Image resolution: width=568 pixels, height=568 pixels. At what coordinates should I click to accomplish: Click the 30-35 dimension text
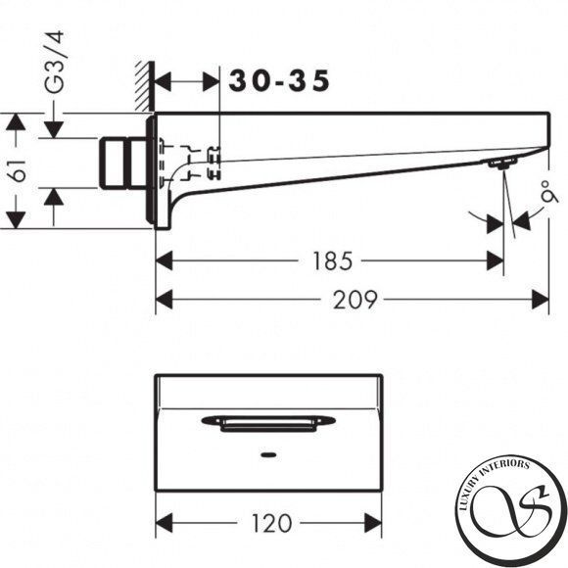[279, 80]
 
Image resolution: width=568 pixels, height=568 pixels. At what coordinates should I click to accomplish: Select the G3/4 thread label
[54, 62]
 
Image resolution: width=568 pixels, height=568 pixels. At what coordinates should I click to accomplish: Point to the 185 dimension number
[332, 260]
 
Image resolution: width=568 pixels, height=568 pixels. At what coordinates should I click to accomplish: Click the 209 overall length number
[355, 300]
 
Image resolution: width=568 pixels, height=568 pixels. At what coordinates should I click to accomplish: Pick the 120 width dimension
[271, 523]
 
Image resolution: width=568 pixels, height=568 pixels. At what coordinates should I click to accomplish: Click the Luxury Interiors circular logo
[511, 511]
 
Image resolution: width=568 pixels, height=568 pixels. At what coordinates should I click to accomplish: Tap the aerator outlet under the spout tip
[502, 164]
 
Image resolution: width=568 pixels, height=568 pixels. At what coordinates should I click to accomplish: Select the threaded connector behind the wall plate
[122, 163]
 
